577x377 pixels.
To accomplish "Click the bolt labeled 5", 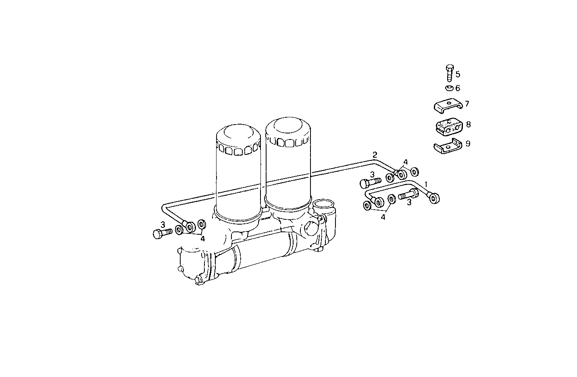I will pyautogui.click(x=450, y=73).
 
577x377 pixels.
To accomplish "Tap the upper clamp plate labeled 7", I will pyautogui.click(x=448, y=105).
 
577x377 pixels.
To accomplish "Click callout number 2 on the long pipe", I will pyautogui.click(x=375, y=154).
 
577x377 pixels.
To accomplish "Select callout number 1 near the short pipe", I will pyautogui.click(x=427, y=183).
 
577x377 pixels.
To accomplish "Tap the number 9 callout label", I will pyautogui.click(x=468, y=144).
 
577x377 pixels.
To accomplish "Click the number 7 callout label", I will pyautogui.click(x=467, y=104).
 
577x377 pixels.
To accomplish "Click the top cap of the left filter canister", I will pyautogui.click(x=238, y=133).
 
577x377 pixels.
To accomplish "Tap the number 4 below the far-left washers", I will pyautogui.click(x=202, y=239).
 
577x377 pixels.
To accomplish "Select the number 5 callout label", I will pyautogui.click(x=458, y=74).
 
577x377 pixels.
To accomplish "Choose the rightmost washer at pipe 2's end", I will pyautogui.click(x=414, y=172).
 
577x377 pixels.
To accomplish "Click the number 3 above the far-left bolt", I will pyautogui.click(x=163, y=224).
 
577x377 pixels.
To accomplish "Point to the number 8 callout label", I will pyautogui.click(x=468, y=124).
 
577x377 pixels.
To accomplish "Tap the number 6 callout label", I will pyautogui.click(x=458, y=88).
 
